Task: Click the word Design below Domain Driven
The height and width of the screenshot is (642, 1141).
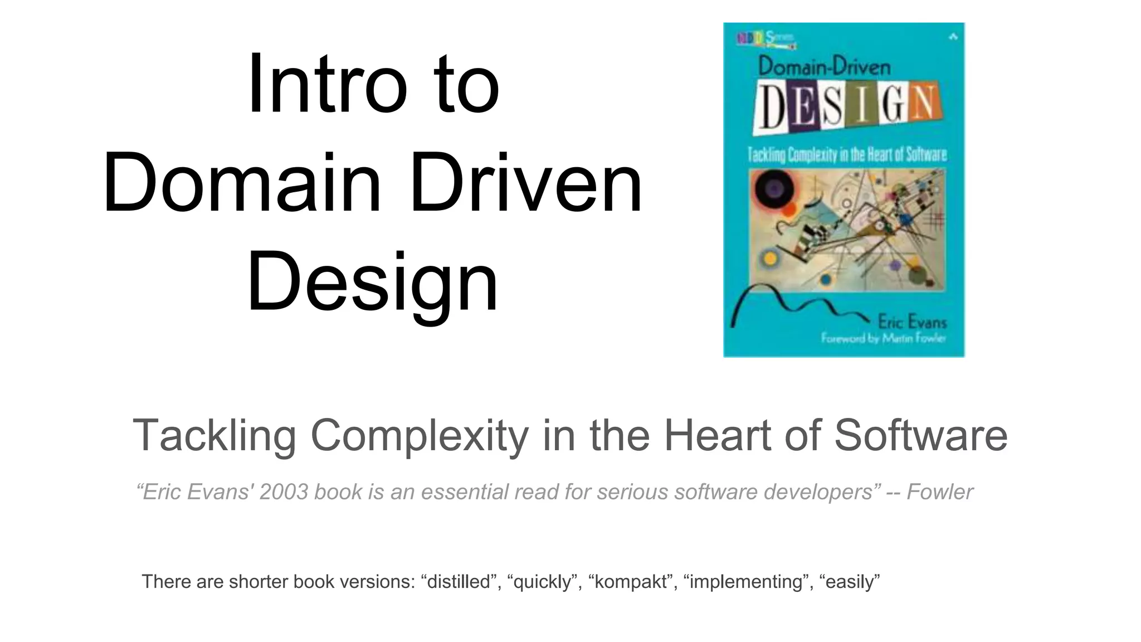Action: coord(372,282)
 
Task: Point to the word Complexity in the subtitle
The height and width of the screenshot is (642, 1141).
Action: coord(419,435)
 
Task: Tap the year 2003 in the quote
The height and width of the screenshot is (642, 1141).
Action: coord(284,492)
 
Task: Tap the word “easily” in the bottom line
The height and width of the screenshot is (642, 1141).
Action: coord(850,582)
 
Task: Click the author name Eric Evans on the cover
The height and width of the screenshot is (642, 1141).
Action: coord(911,322)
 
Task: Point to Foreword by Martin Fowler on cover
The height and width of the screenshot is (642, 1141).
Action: coord(883,338)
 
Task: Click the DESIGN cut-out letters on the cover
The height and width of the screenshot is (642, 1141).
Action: coord(846,106)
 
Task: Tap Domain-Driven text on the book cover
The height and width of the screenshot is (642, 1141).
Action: coord(824,67)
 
